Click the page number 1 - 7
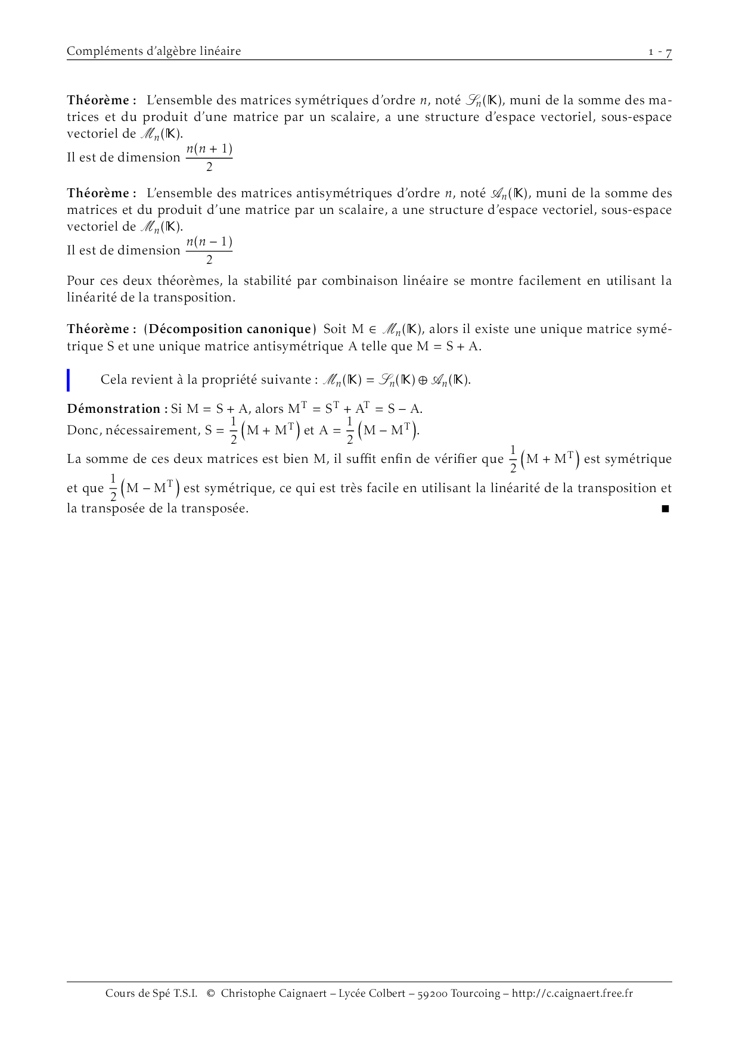click(660, 52)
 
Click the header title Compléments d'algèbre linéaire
click(154, 51)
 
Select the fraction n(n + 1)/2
click(209, 158)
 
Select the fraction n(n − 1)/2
click(209, 251)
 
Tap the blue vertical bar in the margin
click(69, 380)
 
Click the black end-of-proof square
click(665, 509)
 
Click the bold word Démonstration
click(113, 409)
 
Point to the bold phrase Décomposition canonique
click(230, 329)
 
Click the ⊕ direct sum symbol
click(423, 380)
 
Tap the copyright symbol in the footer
click(210, 993)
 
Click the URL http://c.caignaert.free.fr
click(572, 993)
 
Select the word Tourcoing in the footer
click(475, 993)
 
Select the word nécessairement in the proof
click(153, 430)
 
